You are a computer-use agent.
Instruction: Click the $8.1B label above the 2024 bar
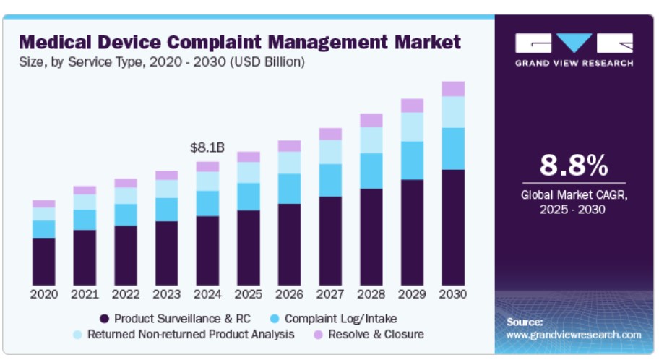coord(207,147)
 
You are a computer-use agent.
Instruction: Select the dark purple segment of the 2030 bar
coord(453,227)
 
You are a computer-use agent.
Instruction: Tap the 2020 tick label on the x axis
coord(43,295)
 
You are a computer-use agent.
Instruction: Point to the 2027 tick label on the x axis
coord(330,295)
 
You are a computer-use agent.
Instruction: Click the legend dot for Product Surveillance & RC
coord(104,318)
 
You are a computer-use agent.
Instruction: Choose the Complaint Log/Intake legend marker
coord(275,318)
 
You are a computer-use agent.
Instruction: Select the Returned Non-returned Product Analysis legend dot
coord(77,335)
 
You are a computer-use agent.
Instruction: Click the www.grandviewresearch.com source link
coord(574,335)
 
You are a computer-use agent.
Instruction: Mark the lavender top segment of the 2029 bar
coord(412,106)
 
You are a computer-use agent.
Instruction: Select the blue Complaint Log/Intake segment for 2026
coord(289,189)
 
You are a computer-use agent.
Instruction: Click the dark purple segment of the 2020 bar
coord(43,261)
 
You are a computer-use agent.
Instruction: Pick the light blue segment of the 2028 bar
coord(371,140)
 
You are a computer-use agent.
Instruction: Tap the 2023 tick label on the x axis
coord(166,295)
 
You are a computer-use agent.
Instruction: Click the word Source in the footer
coord(524,322)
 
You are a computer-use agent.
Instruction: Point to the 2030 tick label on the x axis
coord(453,295)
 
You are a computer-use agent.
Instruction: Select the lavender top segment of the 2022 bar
coord(126,183)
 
